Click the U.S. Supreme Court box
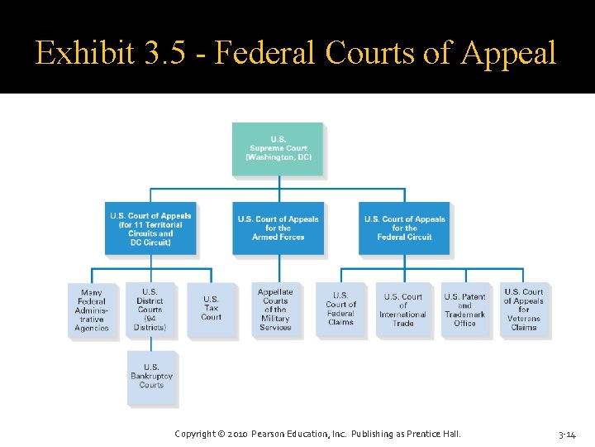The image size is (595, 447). tap(278, 149)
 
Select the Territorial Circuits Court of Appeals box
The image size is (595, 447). tap(150, 228)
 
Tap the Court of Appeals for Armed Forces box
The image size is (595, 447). tap(278, 228)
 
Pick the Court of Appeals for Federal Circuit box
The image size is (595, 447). tap(404, 228)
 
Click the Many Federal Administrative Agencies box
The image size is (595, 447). tap(92, 310)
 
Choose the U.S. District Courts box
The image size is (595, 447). tap(150, 310)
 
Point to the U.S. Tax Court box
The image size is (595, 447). tap(211, 310)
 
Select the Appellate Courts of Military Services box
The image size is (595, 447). tap(275, 310)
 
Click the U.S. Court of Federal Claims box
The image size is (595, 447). tap(340, 310)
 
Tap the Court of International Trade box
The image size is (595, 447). tap(402, 310)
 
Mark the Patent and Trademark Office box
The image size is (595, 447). tap(464, 310)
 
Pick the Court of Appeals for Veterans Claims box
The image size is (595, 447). tap(524, 310)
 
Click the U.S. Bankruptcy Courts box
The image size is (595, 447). tap(151, 377)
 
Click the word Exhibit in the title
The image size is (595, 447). tap(80, 54)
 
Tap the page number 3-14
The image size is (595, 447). tap(567, 434)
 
